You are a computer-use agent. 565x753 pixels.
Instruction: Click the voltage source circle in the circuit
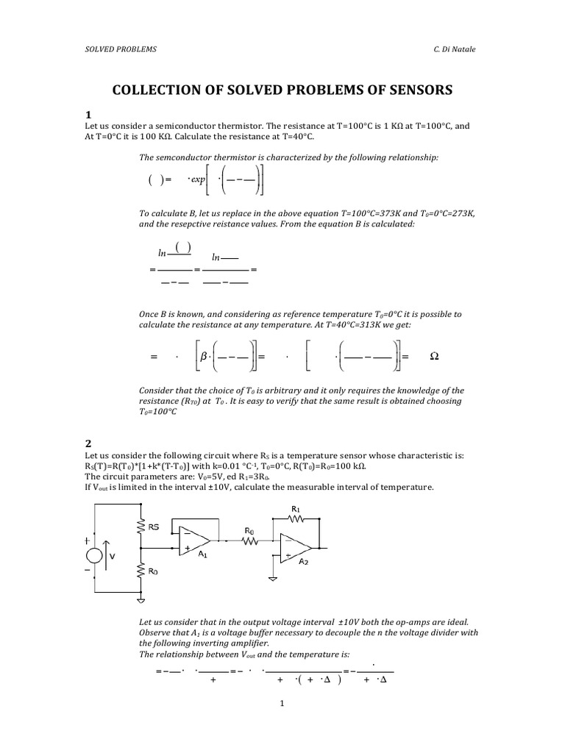(x=96, y=556)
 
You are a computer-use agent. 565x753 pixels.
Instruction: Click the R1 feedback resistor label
(x=296, y=508)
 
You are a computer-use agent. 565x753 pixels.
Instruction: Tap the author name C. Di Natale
(x=461, y=49)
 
